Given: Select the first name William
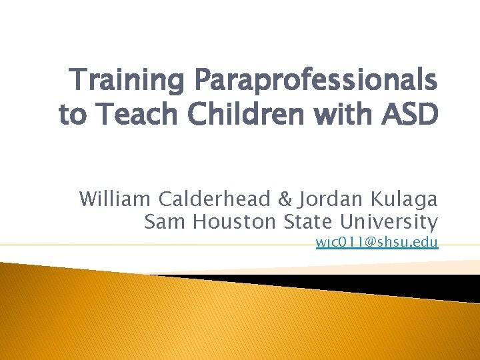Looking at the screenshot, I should coord(116,199).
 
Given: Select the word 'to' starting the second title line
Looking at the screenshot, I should coord(73,114).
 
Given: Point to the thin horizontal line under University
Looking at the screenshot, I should coord(133,245).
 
